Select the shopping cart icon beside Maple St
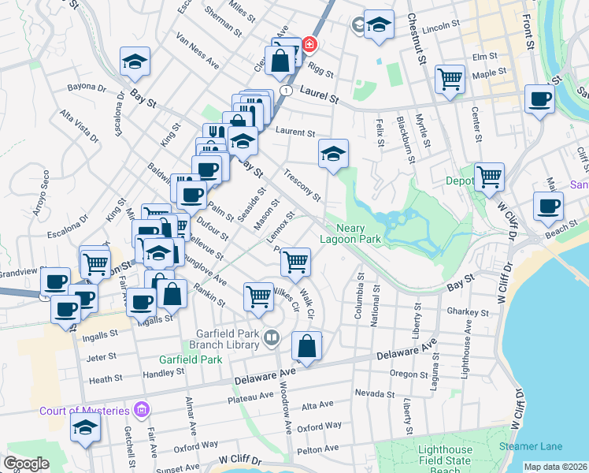450,79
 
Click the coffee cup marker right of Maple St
539,99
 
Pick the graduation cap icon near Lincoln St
379,26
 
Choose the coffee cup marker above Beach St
548,207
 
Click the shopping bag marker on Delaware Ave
307,346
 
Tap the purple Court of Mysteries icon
141,409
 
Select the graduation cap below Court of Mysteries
85,429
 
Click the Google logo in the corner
26,464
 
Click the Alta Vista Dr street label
80,126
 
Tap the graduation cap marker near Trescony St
333,154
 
